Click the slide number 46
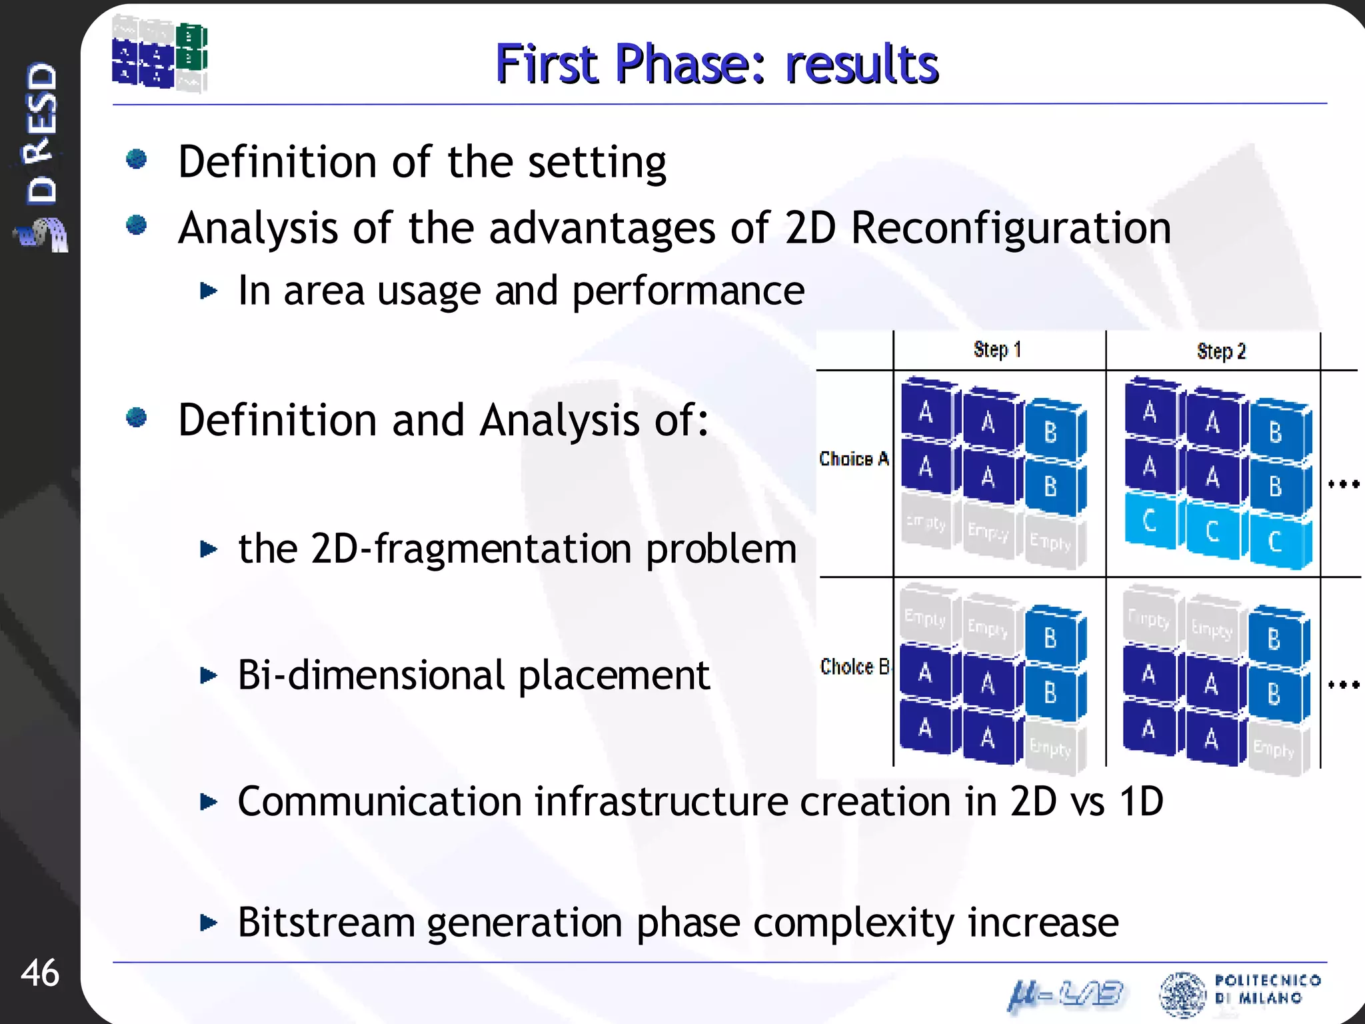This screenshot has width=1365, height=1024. click(40, 973)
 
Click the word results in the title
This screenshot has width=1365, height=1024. click(861, 65)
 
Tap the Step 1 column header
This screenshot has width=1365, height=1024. click(997, 349)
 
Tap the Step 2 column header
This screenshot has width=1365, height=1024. click(1220, 351)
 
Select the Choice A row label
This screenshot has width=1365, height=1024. click(854, 459)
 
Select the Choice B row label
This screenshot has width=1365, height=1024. click(854, 666)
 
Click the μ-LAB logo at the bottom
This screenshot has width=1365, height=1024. click(1066, 995)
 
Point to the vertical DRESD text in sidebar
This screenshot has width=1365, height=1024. click(41, 133)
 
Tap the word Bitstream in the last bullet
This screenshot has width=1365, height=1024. click(326, 923)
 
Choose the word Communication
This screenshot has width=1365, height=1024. click(379, 801)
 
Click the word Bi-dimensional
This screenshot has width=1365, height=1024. click(371, 675)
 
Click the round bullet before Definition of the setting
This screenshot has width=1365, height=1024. click(137, 159)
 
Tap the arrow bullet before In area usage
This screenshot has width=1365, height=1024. click(209, 291)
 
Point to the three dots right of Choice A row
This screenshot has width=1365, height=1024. click(1343, 484)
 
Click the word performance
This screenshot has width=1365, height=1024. click(688, 291)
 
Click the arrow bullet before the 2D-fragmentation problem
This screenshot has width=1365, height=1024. click(209, 549)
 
